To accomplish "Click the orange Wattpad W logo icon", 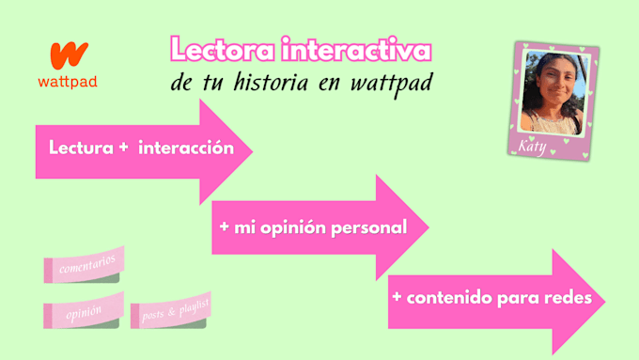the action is coord(69,55).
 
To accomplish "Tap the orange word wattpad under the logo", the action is coord(68,82).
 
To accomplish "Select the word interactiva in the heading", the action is coord(356,49).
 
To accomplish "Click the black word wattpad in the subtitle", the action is coord(391,84).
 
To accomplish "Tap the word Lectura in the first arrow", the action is coord(81,148).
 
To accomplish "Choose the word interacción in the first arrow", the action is coord(186,148).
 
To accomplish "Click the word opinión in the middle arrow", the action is coord(293,227).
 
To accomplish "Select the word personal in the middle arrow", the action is coord(368,227).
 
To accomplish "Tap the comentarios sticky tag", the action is coord(84,265).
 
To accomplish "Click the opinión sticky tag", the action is coord(84,311).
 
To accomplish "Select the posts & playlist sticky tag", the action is coord(171,311).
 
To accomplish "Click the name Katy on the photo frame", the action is coord(532,146).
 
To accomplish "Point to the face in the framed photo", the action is coord(553,85).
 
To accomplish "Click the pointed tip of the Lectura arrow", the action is coord(253,151).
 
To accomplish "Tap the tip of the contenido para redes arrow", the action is coord(605,302).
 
